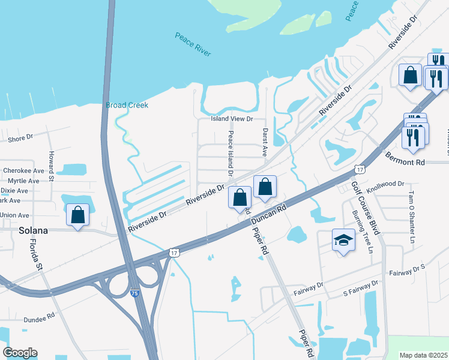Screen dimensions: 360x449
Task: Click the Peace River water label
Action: coord(193,45)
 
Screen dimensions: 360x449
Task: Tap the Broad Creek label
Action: coord(127,105)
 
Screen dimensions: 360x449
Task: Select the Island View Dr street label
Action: coord(232,119)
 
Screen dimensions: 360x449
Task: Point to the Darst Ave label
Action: coord(264,142)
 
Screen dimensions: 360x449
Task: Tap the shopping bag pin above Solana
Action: coord(78,215)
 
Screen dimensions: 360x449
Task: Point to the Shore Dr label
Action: coord(20,139)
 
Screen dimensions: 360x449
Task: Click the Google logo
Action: coord(20,353)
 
